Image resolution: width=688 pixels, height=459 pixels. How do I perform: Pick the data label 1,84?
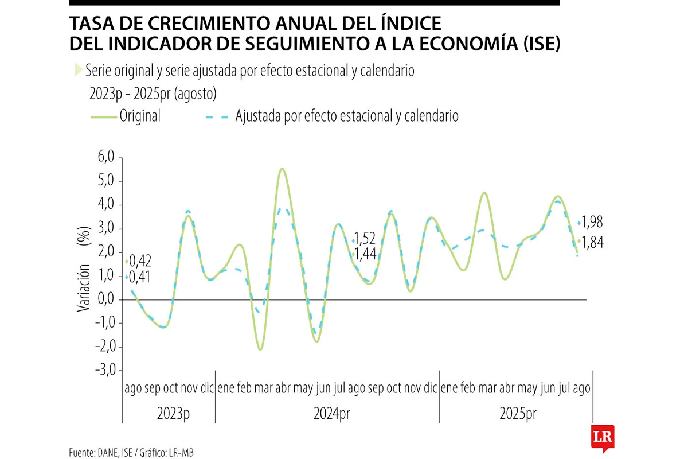coord(594,243)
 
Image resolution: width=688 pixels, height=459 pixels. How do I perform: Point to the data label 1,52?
coord(365,238)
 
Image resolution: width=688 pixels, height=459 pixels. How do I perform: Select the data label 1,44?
coord(365,253)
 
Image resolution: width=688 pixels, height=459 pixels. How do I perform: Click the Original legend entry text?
coord(140,116)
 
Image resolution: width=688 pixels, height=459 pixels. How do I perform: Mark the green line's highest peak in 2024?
coord(282,169)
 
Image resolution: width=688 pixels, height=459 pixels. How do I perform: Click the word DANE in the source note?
coord(108,453)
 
